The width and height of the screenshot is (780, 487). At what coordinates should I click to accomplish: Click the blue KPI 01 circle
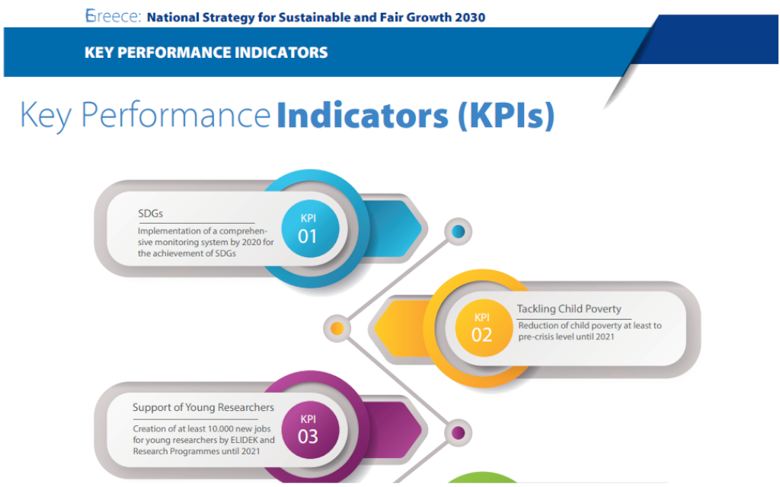[308, 228]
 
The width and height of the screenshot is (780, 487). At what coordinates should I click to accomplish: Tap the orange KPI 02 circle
[481, 327]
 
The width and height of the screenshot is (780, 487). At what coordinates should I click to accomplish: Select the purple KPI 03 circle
[308, 429]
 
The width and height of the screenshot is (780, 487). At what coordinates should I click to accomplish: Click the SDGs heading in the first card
[151, 212]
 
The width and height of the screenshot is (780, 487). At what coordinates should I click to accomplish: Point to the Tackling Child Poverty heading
[569, 309]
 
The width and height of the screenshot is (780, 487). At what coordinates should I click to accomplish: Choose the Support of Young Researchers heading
[203, 408]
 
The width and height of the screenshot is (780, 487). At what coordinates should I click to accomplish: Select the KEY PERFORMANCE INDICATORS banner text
[206, 53]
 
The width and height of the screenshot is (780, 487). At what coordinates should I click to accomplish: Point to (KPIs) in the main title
[506, 116]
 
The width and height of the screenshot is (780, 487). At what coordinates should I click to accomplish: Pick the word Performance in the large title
[176, 116]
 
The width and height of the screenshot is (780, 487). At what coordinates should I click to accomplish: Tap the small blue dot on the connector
[458, 231]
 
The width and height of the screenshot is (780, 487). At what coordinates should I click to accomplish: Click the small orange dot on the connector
[336, 329]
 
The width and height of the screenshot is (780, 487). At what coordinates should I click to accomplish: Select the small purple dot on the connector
[458, 433]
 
